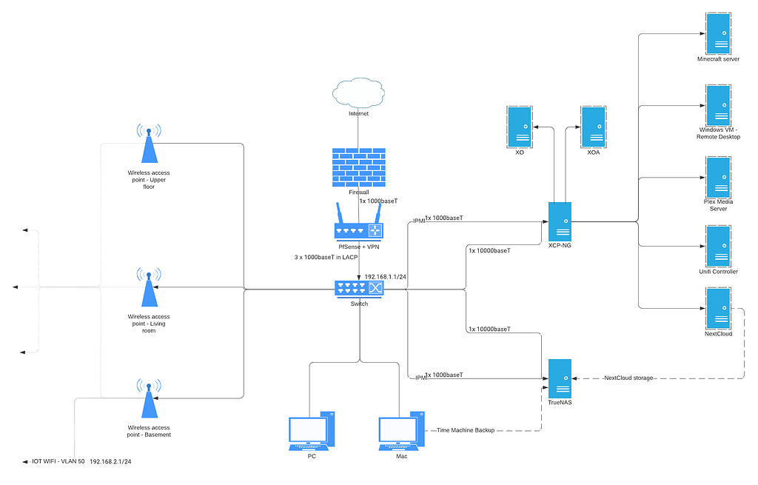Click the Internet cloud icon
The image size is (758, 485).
[x=358, y=93]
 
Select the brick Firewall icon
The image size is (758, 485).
[x=358, y=166]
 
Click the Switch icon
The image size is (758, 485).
[x=359, y=289]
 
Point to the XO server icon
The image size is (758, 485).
[x=520, y=127]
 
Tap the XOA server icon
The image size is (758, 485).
[x=593, y=127]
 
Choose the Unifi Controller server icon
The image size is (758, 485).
[x=717, y=246]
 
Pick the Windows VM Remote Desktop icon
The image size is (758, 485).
[x=717, y=104]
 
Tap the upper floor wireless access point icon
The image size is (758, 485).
[x=149, y=144]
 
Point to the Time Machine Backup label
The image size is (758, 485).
[x=466, y=429]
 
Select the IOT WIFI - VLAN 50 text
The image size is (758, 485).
[x=58, y=461]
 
